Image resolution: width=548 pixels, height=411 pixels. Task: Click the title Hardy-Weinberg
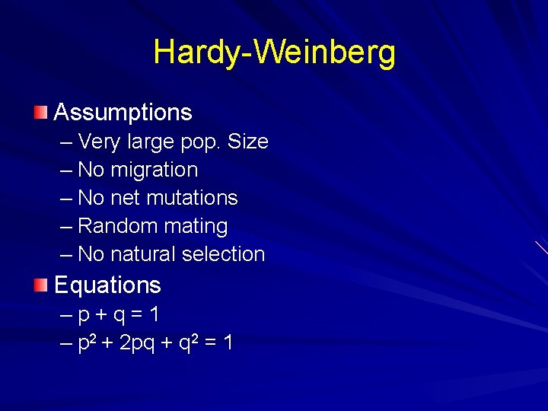tap(274, 53)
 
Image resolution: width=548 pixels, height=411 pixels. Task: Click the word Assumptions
tap(123, 113)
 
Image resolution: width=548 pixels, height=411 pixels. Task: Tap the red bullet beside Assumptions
tap(40, 113)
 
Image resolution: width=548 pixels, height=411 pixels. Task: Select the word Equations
tap(107, 285)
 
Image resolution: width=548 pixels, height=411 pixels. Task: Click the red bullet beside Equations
tap(40, 285)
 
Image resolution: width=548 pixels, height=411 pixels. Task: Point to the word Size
tap(248, 142)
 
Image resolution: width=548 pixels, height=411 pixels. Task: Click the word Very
tap(95, 142)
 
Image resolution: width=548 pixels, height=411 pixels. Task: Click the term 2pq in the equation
tap(137, 344)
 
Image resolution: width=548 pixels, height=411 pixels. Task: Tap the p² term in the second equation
tap(88, 342)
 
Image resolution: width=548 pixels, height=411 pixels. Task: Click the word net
tap(125, 199)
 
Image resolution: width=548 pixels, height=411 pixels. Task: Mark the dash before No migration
tap(65, 170)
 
